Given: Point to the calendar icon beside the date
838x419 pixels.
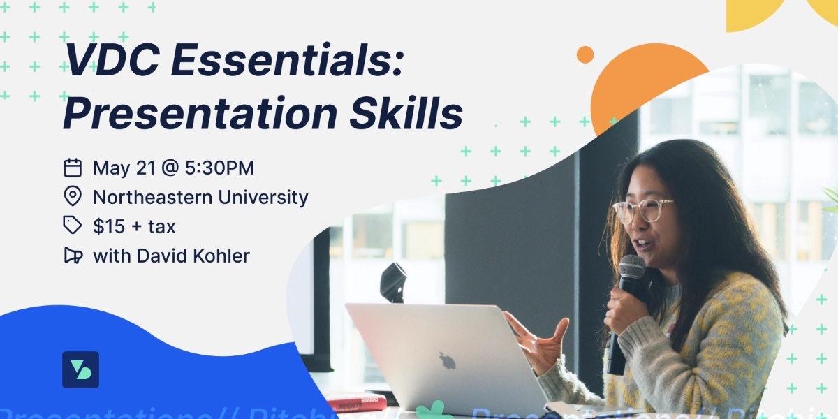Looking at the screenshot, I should (x=73, y=168).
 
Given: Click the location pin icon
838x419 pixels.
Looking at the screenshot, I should (x=73, y=196).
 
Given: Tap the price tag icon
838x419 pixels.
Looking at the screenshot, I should (x=73, y=225).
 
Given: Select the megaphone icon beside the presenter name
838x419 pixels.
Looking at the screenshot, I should (x=73, y=256).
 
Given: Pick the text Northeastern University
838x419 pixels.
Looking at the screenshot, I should (x=200, y=197).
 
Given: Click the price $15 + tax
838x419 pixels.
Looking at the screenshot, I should (x=134, y=226).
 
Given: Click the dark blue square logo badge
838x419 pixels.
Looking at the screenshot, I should (x=80, y=369).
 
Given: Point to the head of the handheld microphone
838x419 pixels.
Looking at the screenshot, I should (x=632, y=269).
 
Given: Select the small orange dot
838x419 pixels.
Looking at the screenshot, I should (x=585, y=54).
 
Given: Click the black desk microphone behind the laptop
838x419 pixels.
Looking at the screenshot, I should (x=393, y=281).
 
